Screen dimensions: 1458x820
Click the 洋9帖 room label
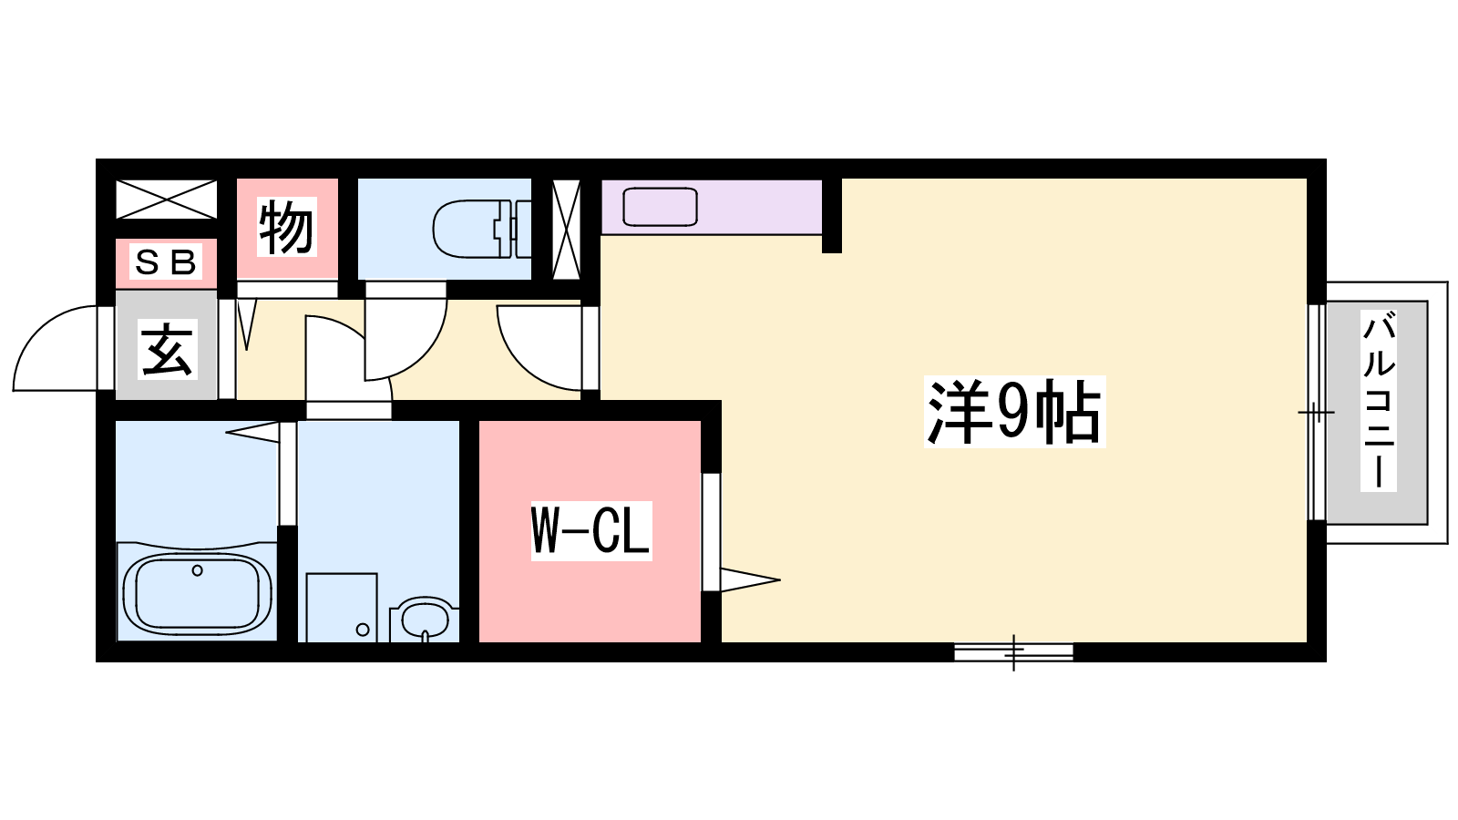1014,411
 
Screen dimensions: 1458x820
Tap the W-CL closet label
591,530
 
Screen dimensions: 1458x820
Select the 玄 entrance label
168,349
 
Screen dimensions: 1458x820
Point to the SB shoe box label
165,261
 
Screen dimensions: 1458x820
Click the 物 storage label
286,227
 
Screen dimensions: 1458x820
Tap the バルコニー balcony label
1379,401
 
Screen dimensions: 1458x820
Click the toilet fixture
482,229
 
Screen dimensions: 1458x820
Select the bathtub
197,593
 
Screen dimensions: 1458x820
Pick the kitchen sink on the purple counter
660,207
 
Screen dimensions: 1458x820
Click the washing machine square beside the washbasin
342,607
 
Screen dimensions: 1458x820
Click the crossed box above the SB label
166,200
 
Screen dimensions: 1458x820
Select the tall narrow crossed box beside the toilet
566,229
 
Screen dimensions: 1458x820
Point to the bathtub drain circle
197,570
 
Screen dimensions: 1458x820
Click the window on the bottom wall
1013,651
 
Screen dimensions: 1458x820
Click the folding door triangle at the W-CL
750,579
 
